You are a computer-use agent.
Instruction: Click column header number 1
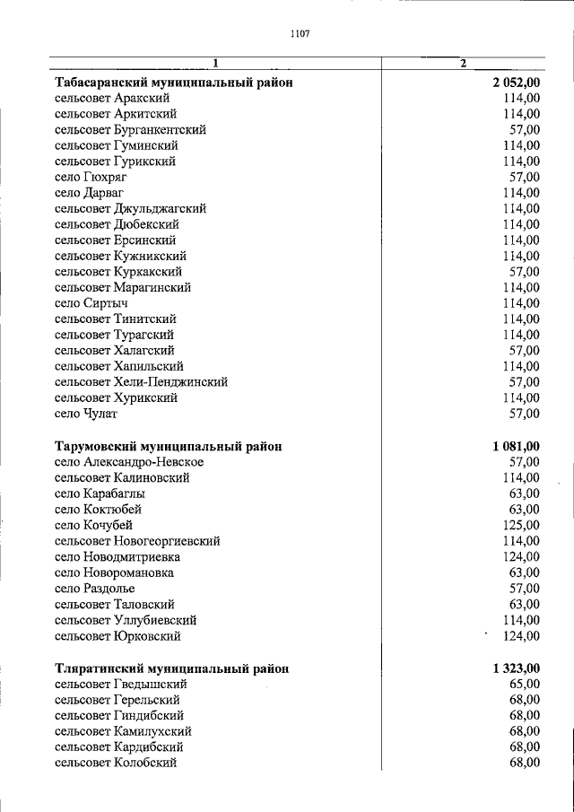pyautogui.click(x=215, y=63)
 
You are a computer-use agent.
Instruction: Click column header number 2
pyautogui.click(x=463, y=63)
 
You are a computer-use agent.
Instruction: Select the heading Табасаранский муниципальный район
pyautogui.click(x=174, y=83)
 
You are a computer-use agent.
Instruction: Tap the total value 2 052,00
pyautogui.click(x=516, y=83)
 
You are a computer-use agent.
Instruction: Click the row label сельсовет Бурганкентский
pyautogui.click(x=130, y=130)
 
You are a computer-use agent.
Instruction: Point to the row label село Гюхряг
pyautogui.click(x=91, y=177)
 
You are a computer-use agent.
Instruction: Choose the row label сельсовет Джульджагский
pyautogui.click(x=130, y=208)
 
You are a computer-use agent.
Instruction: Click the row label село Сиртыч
pyautogui.click(x=91, y=303)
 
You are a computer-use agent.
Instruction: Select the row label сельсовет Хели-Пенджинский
pyautogui.click(x=141, y=382)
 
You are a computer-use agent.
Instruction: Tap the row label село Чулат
pyautogui.click(x=86, y=414)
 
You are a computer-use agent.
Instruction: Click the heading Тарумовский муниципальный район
pyautogui.click(x=168, y=446)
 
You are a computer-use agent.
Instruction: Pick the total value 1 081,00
pyautogui.click(x=516, y=446)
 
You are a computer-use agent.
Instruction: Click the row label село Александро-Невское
pyautogui.click(x=129, y=461)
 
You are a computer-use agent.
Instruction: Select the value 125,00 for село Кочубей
pyautogui.click(x=521, y=525)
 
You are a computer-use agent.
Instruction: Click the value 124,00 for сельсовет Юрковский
pyautogui.click(x=521, y=636)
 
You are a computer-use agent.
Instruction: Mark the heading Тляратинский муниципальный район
pyautogui.click(x=172, y=668)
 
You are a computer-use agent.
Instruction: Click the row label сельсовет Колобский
pyautogui.click(x=116, y=763)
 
